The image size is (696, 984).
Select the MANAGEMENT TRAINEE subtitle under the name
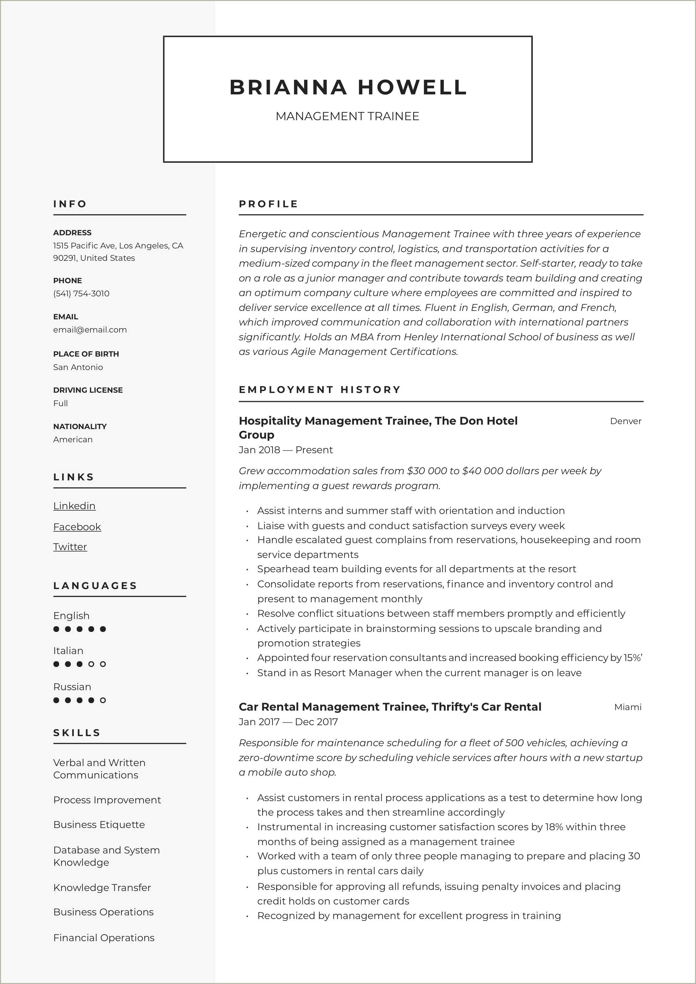point(347,116)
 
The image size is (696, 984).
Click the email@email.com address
point(90,330)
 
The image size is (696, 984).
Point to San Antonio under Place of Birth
point(78,367)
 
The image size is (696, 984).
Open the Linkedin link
point(74,506)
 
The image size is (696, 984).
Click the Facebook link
point(77,527)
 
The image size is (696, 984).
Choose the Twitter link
point(70,547)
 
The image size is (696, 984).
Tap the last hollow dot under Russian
point(103,700)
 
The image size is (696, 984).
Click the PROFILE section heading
point(268,204)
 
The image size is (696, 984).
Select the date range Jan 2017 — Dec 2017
point(288,722)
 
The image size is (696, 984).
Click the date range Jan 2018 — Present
point(286,450)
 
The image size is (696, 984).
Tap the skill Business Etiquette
point(99,825)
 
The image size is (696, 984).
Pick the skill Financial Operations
point(104,938)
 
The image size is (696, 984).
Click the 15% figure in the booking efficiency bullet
point(632,658)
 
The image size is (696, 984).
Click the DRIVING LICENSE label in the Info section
point(88,390)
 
